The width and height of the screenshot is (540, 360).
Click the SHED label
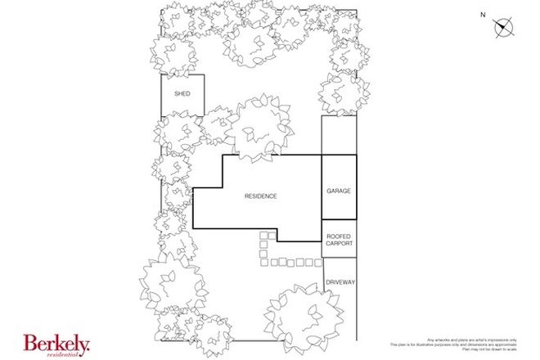pyautogui.click(x=182, y=94)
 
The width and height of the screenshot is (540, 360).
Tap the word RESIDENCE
pyautogui.click(x=261, y=196)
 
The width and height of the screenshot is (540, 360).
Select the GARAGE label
pyautogui.click(x=339, y=191)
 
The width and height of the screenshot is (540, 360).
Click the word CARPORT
pyautogui.click(x=339, y=243)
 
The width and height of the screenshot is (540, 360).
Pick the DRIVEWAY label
pyautogui.click(x=340, y=282)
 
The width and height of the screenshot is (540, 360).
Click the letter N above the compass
pyautogui.click(x=483, y=15)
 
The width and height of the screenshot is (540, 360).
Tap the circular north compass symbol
pyautogui.click(x=503, y=28)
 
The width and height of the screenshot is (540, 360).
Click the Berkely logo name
pyautogui.click(x=55, y=344)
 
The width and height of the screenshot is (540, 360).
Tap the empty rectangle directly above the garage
pyautogui.click(x=339, y=135)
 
